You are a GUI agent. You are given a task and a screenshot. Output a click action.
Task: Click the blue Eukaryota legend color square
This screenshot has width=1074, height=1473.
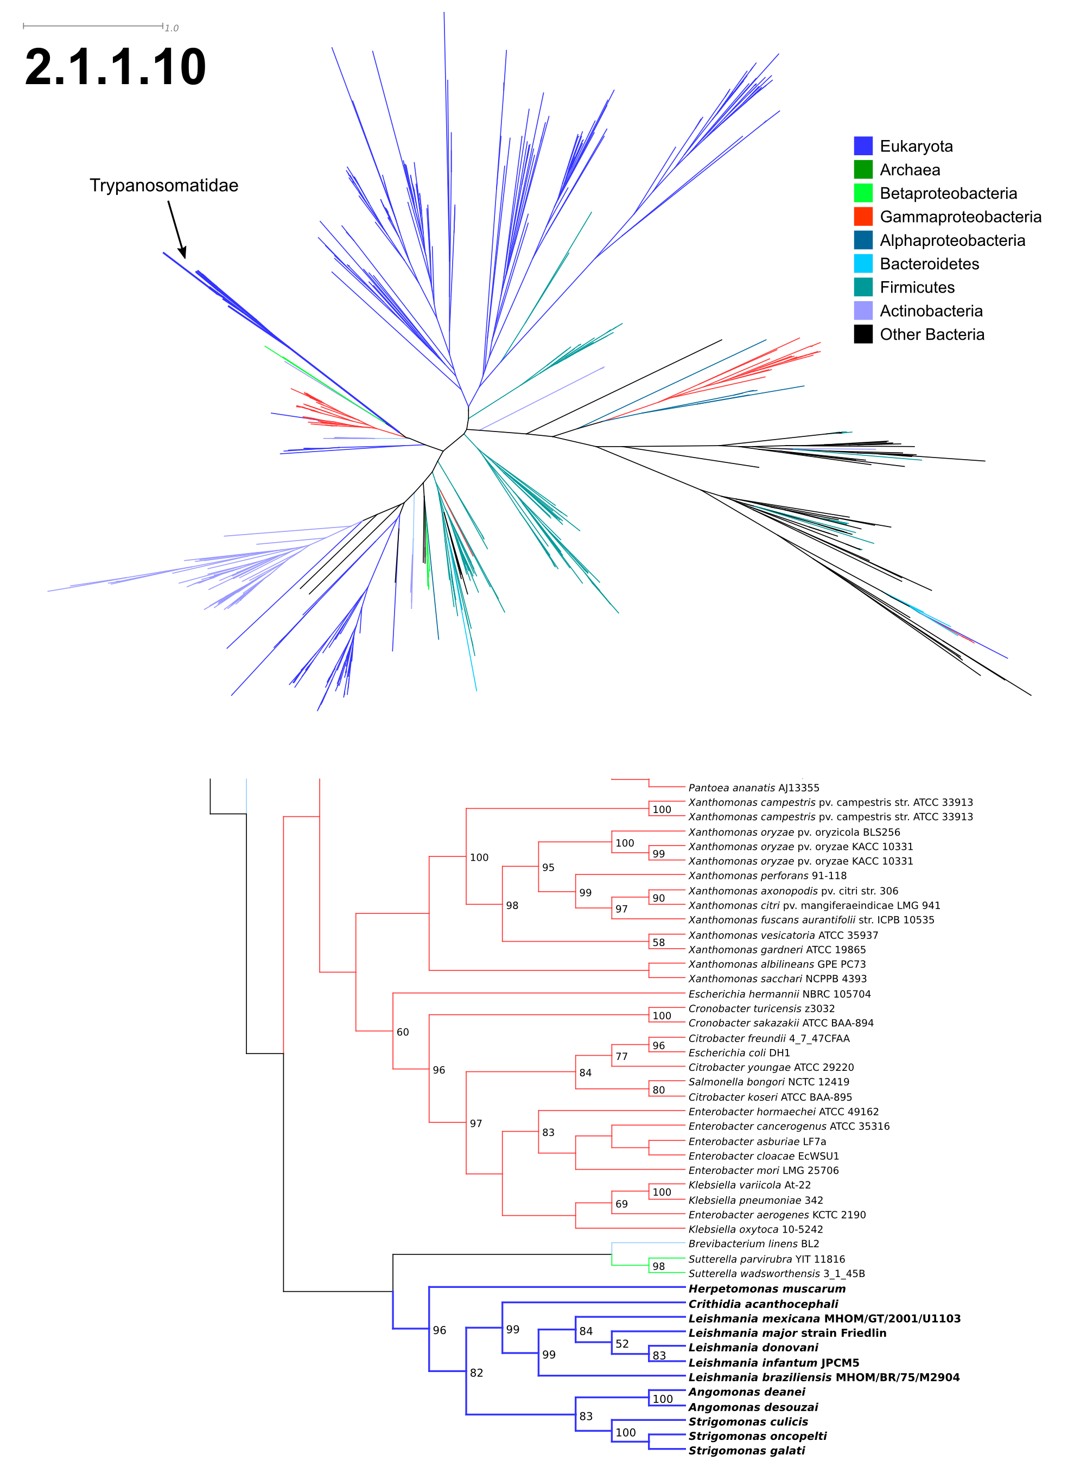click(x=863, y=145)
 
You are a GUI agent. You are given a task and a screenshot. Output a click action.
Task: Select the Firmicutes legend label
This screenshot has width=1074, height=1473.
click(x=917, y=287)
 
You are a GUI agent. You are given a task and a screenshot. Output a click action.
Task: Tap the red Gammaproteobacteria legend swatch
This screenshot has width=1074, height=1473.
click(x=863, y=216)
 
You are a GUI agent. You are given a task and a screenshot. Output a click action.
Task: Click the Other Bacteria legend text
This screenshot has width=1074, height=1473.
click(x=932, y=334)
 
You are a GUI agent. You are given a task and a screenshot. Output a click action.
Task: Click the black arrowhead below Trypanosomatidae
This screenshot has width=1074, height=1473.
click(x=183, y=252)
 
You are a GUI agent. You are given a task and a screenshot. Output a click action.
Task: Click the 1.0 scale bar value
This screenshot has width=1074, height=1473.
click(x=171, y=28)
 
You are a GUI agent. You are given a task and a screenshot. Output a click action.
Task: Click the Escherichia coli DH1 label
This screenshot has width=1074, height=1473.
click(x=739, y=1052)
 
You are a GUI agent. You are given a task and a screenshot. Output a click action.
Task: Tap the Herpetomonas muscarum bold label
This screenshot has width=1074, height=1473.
click(x=767, y=1288)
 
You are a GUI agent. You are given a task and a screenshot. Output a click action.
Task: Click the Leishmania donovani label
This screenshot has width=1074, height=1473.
click(x=753, y=1348)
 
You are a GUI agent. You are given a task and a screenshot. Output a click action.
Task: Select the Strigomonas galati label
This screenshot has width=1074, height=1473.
click(x=746, y=1450)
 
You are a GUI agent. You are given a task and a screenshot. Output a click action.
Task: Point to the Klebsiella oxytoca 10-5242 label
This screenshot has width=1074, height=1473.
click(x=755, y=1229)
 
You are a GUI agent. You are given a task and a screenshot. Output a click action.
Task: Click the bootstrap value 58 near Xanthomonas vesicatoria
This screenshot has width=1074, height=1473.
click(x=659, y=943)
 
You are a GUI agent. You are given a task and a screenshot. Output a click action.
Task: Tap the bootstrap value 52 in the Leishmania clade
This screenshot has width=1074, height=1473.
click(x=622, y=1344)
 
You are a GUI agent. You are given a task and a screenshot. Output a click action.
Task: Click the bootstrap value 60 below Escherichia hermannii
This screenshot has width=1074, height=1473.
click(x=403, y=1032)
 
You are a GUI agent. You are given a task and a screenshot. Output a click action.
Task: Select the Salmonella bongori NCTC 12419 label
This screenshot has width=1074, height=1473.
click(x=769, y=1082)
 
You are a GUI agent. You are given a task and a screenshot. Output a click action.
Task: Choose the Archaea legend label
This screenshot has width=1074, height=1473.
click(x=910, y=170)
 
